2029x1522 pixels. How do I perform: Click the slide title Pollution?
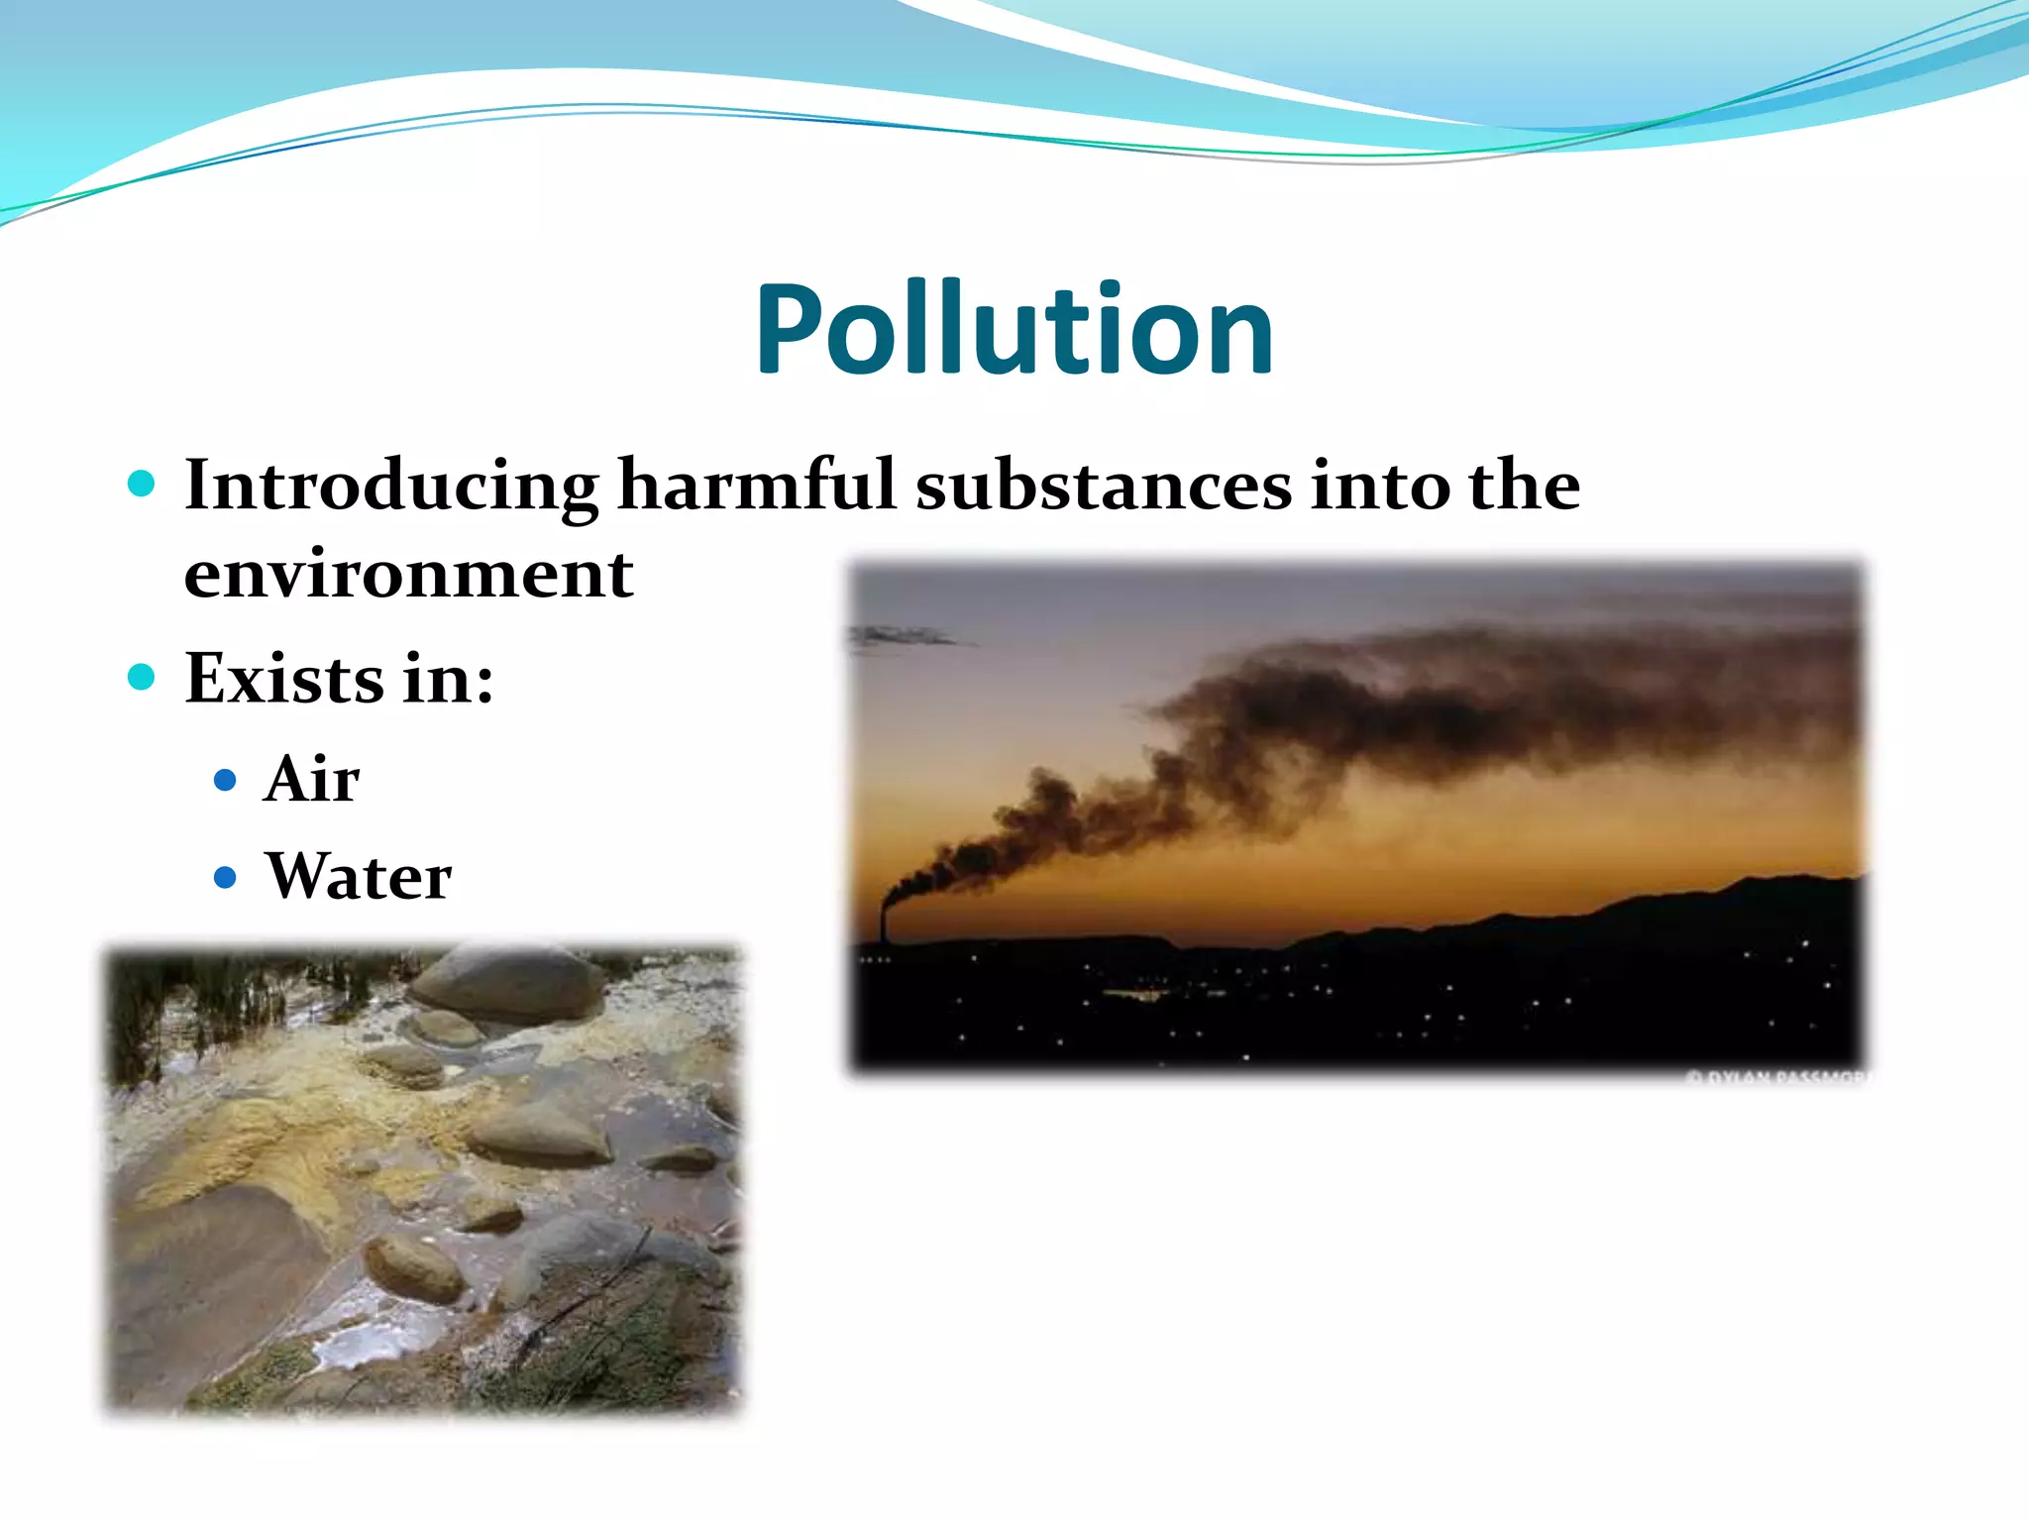click(x=1014, y=330)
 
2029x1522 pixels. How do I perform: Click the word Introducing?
click(x=391, y=486)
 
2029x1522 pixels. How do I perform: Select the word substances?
click(x=1103, y=486)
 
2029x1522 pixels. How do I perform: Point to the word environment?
click(x=408, y=575)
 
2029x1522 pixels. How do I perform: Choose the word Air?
click(x=311, y=779)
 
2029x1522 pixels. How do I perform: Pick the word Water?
click(x=359, y=876)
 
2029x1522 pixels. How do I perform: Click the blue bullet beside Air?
click(x=226, y=781)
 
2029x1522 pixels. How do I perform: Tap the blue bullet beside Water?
click(x=226, y=878)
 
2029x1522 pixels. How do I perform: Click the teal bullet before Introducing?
click(x=142, y=485)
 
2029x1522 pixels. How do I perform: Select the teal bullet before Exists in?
click(x=142, y=678)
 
